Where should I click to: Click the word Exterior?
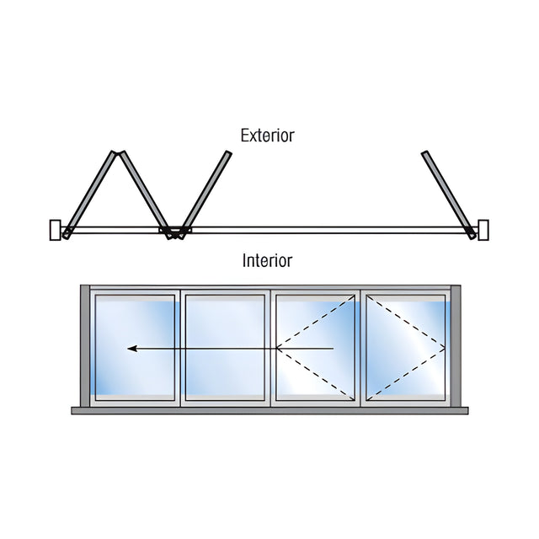coord(268,136)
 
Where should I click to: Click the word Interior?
coord(268,260)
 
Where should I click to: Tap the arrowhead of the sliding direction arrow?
coord(133,349)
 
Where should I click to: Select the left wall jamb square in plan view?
coord(56,230)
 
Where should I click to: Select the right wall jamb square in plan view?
coord(483,230)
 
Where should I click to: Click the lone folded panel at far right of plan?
coord(449,195)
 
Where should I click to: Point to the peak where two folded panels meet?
coord(118,152)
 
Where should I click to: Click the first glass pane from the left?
coord(135,348)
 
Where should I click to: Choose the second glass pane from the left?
coord(225,348)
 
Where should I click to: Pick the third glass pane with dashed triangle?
coord(316,348)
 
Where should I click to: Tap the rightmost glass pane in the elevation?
coord(406,348)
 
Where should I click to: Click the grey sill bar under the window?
coord(269,410)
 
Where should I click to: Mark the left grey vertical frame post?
coord(85,346)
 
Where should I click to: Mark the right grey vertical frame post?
coord(456,346)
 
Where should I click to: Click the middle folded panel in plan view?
coord(145,195)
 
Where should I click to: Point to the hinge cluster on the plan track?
coord(175,232)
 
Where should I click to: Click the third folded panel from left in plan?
coord(205,195)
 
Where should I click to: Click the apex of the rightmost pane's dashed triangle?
coord(446,349)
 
